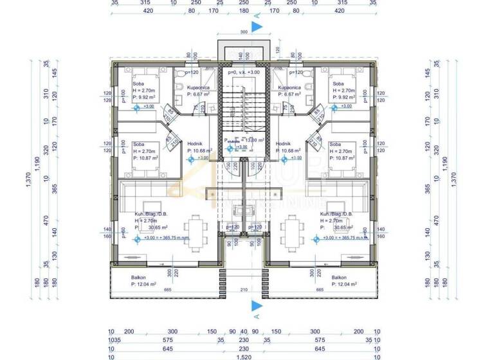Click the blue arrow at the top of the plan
[256, 27]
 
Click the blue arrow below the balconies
[256, 304]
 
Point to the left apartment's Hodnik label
[195, 144]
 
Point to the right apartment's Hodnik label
[284, 144]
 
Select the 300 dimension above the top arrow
[243, 31]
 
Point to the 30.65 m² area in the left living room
[154, 227]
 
